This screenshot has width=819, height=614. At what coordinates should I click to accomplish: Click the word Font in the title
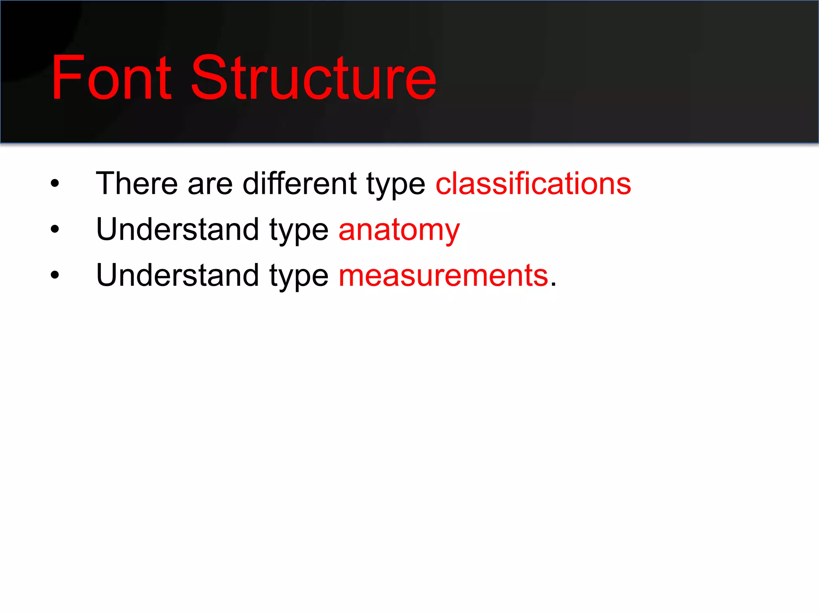pos(112,78)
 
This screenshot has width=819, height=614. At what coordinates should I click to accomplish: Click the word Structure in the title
pos(314,78)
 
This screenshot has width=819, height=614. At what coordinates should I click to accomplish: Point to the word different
pos(300,183)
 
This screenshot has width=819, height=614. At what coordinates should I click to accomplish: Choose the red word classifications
pos(533,183)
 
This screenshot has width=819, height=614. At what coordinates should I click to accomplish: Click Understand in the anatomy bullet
pos(178,229)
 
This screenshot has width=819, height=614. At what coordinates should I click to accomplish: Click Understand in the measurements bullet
pos(178,275)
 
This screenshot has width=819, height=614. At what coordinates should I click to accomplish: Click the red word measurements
pos(443,276)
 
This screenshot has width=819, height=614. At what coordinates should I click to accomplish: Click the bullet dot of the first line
pos(55,183)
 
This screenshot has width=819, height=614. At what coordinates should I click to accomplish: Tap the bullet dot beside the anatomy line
pos(55,229)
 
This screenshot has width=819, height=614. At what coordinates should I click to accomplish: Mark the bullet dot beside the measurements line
pos(55,275)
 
